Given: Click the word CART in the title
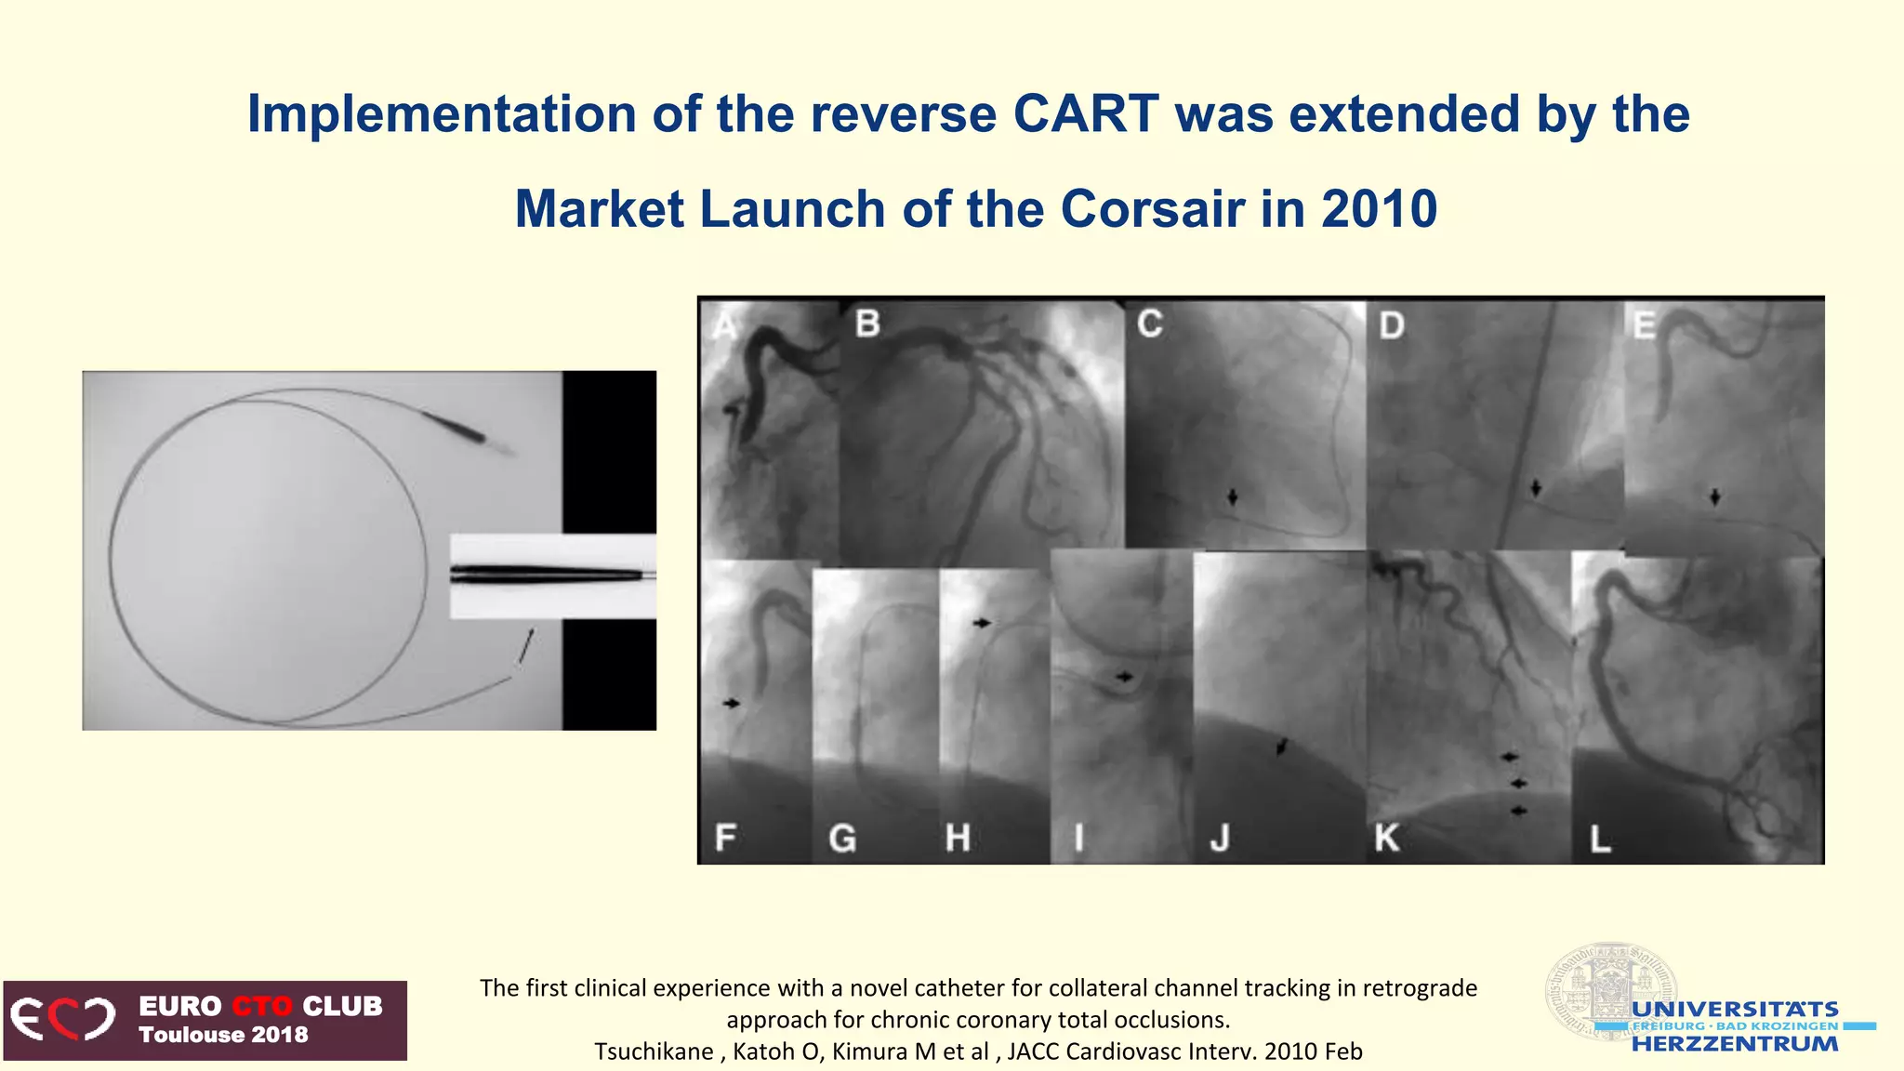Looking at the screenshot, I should [x=1085, y=114].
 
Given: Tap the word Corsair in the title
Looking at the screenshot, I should [x=1152, y=209].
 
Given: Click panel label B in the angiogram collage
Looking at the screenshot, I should [x=867, y=324].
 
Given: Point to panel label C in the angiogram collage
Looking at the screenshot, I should [x=1150, y=324].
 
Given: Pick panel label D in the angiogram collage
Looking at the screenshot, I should [x=1391, y=325].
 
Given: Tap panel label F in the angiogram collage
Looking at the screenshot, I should [x=725, y=837].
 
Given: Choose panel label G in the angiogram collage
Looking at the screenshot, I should [x=842, y=839].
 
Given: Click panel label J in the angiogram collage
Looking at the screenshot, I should [x=1220, y=839].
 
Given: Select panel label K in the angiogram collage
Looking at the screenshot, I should [x=1386, y=839].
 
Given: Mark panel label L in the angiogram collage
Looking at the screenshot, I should [x=1599, y=840].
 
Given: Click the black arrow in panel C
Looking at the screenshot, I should [x=1233, y=497].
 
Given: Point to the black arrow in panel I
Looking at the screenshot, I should [x=1124, y=677].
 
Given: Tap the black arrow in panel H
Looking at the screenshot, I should [x=982, y=623].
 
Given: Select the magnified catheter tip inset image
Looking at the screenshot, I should [x=552, y=575].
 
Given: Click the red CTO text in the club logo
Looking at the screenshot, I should [x=261, y=1006].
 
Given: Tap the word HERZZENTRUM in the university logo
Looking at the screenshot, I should [x=1735, y=1044].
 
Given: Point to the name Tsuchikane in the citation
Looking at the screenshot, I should [x=654, y=1051].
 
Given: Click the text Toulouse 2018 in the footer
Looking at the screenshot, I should [x=223, y=1035].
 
